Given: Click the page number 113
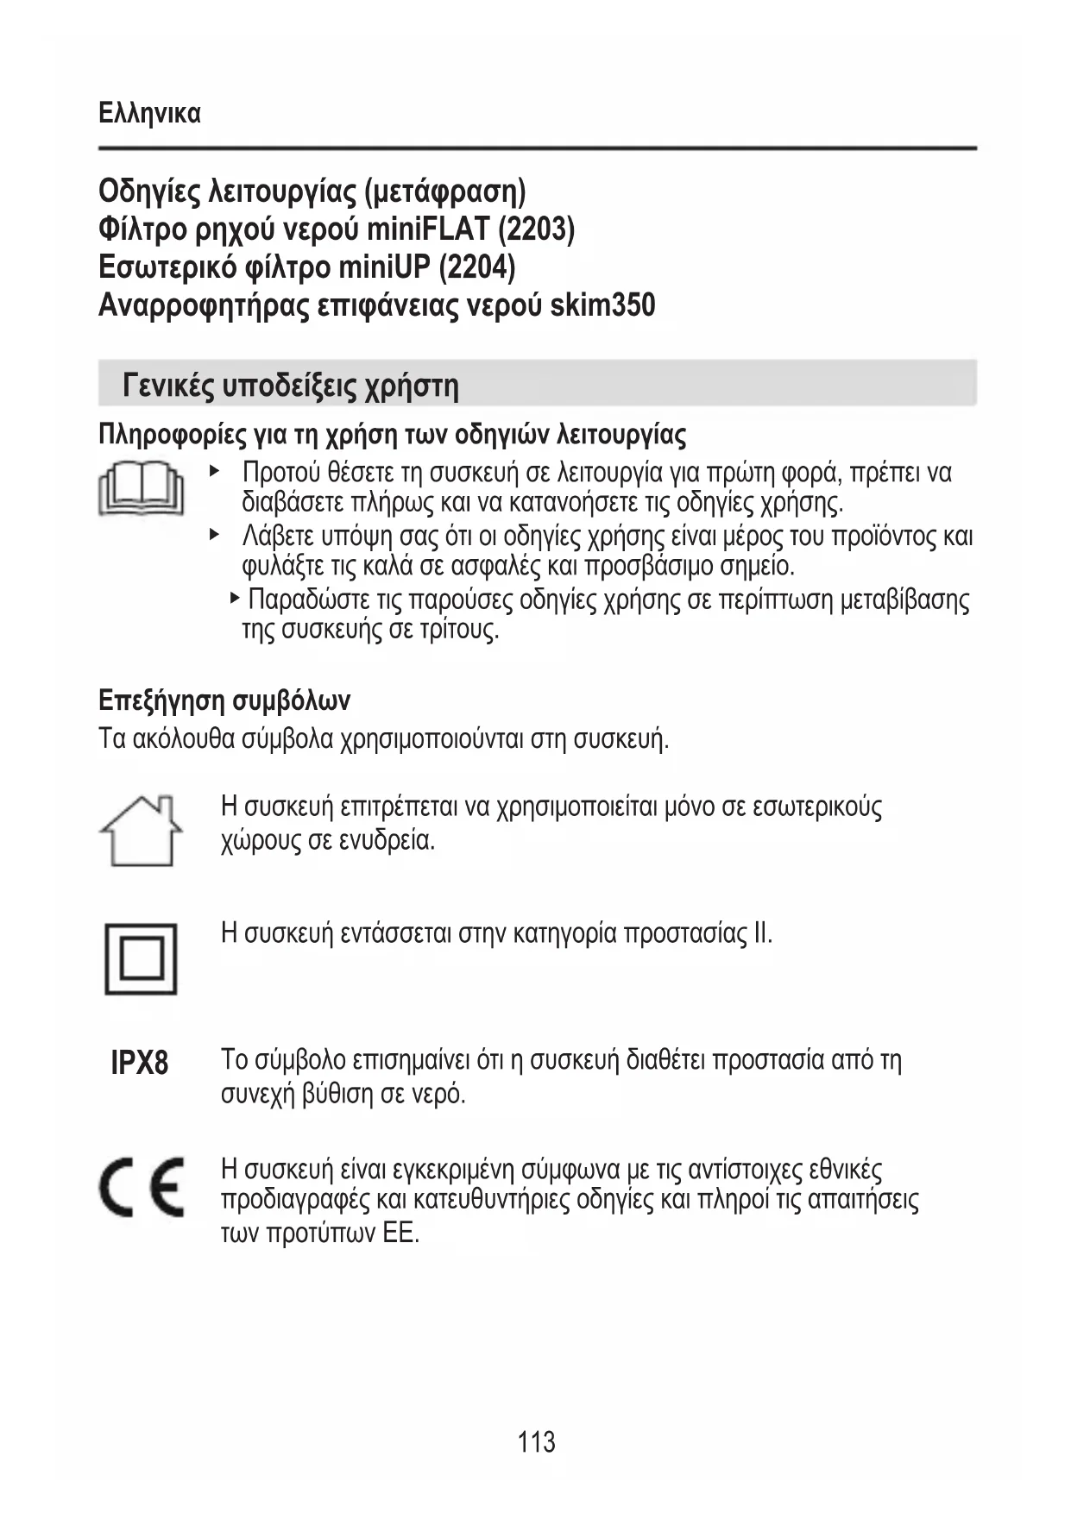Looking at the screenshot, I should (536, 1441).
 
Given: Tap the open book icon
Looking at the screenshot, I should (141, 489).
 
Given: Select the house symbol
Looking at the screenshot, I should (141, 830).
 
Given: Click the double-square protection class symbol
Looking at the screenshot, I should (141, 958).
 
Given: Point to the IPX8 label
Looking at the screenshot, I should (140, 1063).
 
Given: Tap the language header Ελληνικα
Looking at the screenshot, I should (150, 113).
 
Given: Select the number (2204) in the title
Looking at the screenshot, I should (476, 267).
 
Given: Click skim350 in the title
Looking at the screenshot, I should (602, 304).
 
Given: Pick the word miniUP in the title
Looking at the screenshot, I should (383, 267).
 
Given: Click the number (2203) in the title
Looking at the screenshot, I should (536, 229).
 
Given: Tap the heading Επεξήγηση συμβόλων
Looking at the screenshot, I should (224, 700).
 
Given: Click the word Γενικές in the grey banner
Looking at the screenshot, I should (168, 384).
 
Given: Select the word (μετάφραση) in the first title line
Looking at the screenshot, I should (445, 191).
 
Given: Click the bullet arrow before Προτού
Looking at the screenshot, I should (215, 471).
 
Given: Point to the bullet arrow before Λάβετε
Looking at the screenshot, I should (215, 535).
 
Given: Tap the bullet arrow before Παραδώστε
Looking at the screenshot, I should (235, 597).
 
